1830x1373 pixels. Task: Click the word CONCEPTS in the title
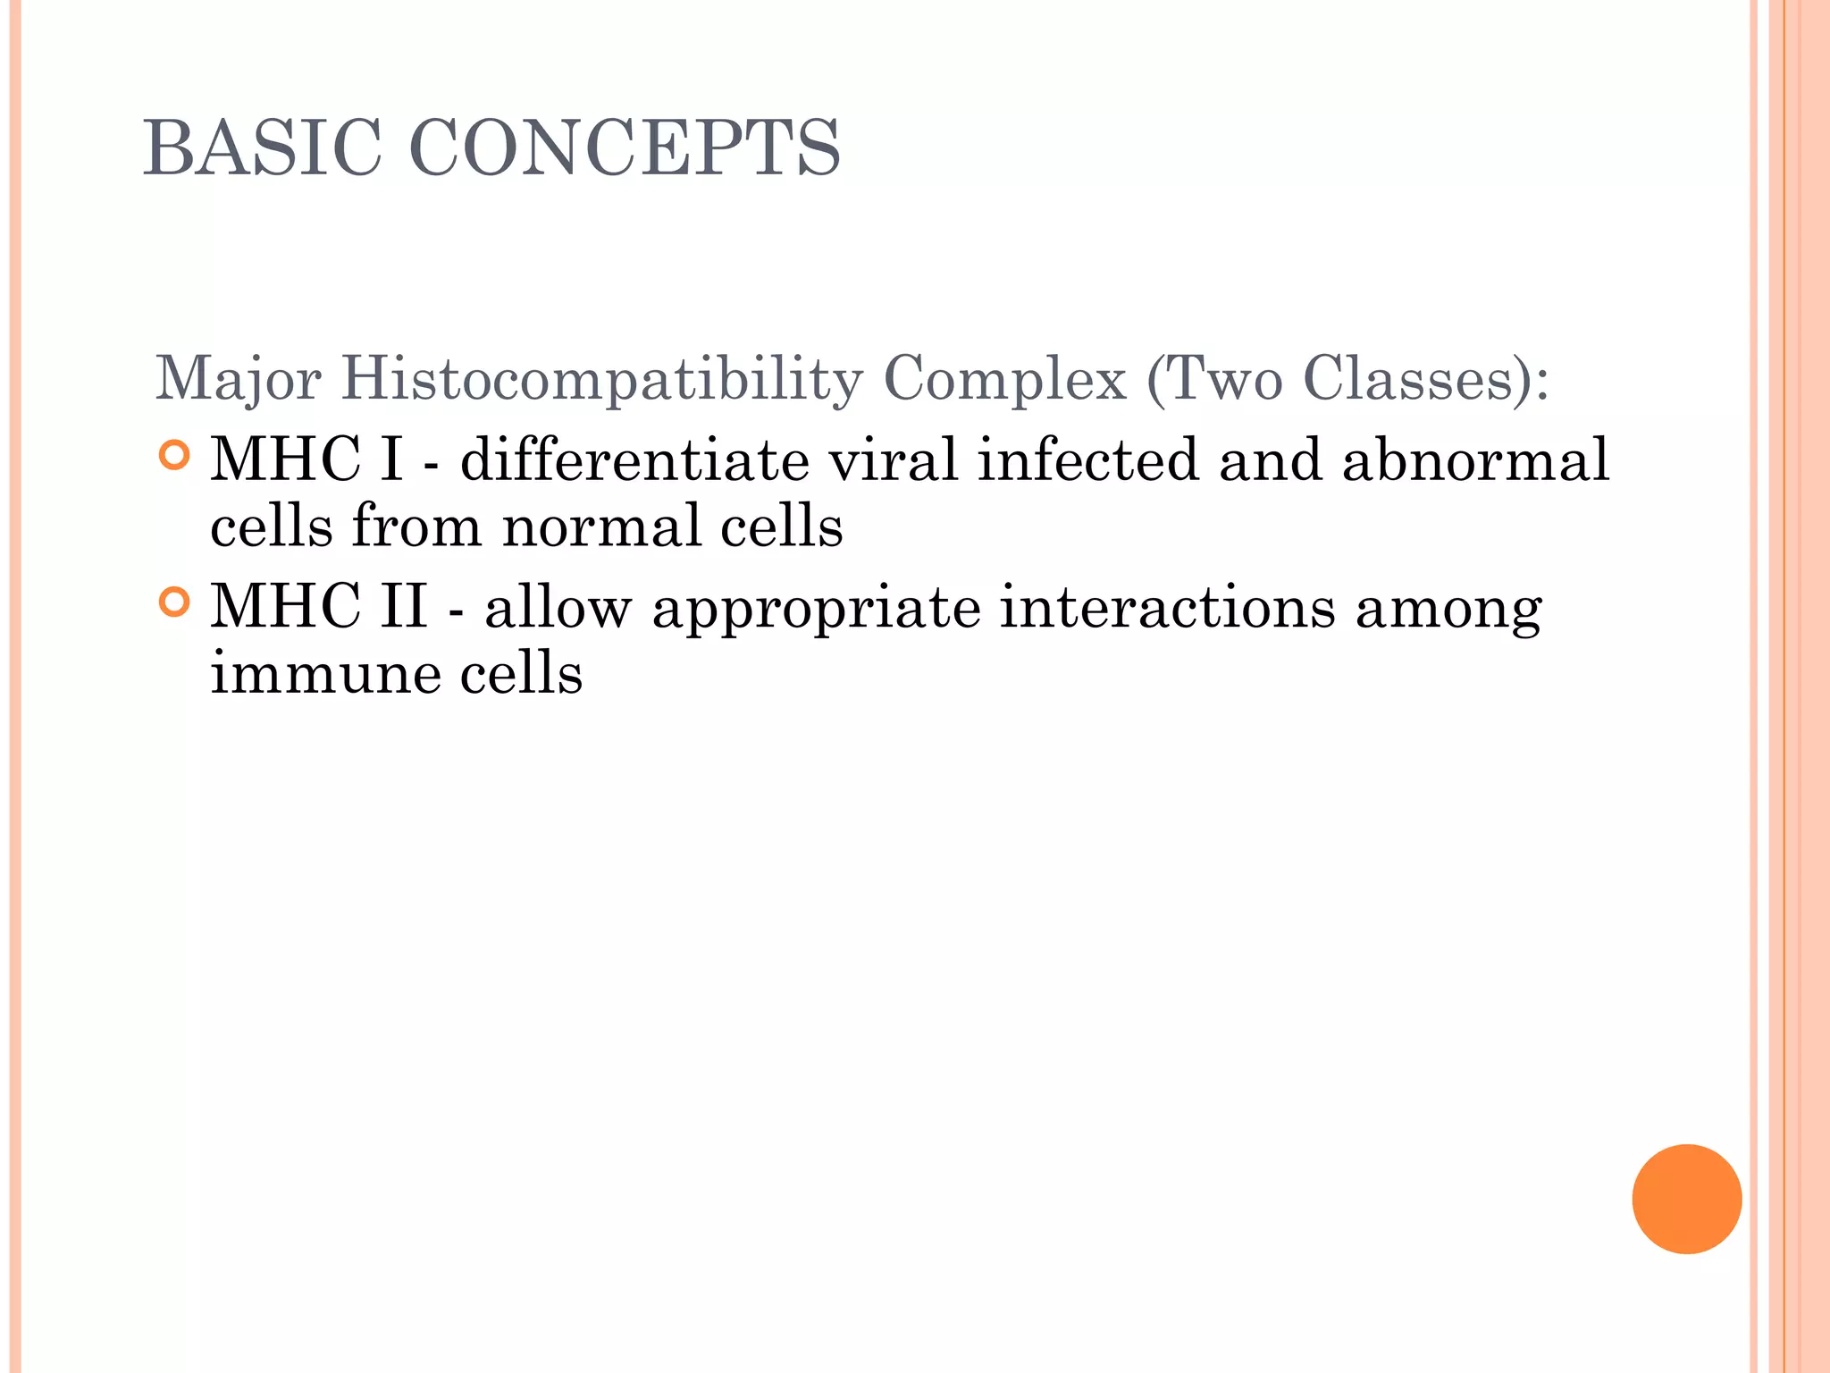[625, 147]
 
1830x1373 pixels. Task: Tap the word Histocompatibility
[601, 379]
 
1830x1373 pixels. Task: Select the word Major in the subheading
[238, 379]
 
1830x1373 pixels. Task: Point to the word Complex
[1004, 379]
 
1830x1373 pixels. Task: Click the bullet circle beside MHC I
[175, 456]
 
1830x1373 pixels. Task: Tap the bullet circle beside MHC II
[175, 602]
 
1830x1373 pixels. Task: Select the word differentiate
[634, 460]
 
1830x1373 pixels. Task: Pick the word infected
[1087, 460]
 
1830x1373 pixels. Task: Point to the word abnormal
[1475, 460]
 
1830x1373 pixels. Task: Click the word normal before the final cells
[601, 526]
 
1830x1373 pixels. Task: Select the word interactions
[1167, 608]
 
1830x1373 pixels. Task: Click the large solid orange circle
[1686, 1199]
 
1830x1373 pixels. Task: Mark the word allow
[558, 608]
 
